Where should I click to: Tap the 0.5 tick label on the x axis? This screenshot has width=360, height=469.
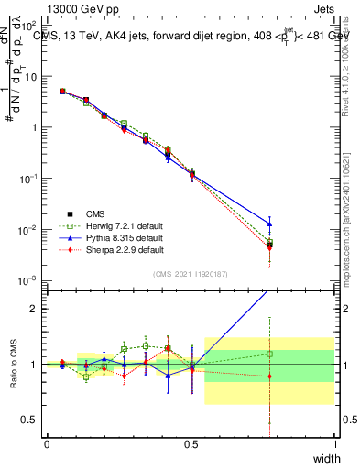191,444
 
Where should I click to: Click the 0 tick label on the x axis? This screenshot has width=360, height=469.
47,444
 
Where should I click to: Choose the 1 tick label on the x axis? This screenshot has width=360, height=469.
334,444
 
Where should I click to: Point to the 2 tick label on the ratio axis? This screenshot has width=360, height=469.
33,309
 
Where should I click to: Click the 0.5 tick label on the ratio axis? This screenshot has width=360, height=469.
28,420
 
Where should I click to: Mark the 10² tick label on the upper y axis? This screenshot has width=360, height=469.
28,26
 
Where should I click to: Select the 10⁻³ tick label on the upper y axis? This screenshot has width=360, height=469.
28,280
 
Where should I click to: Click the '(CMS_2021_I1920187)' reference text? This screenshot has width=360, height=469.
190,274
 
